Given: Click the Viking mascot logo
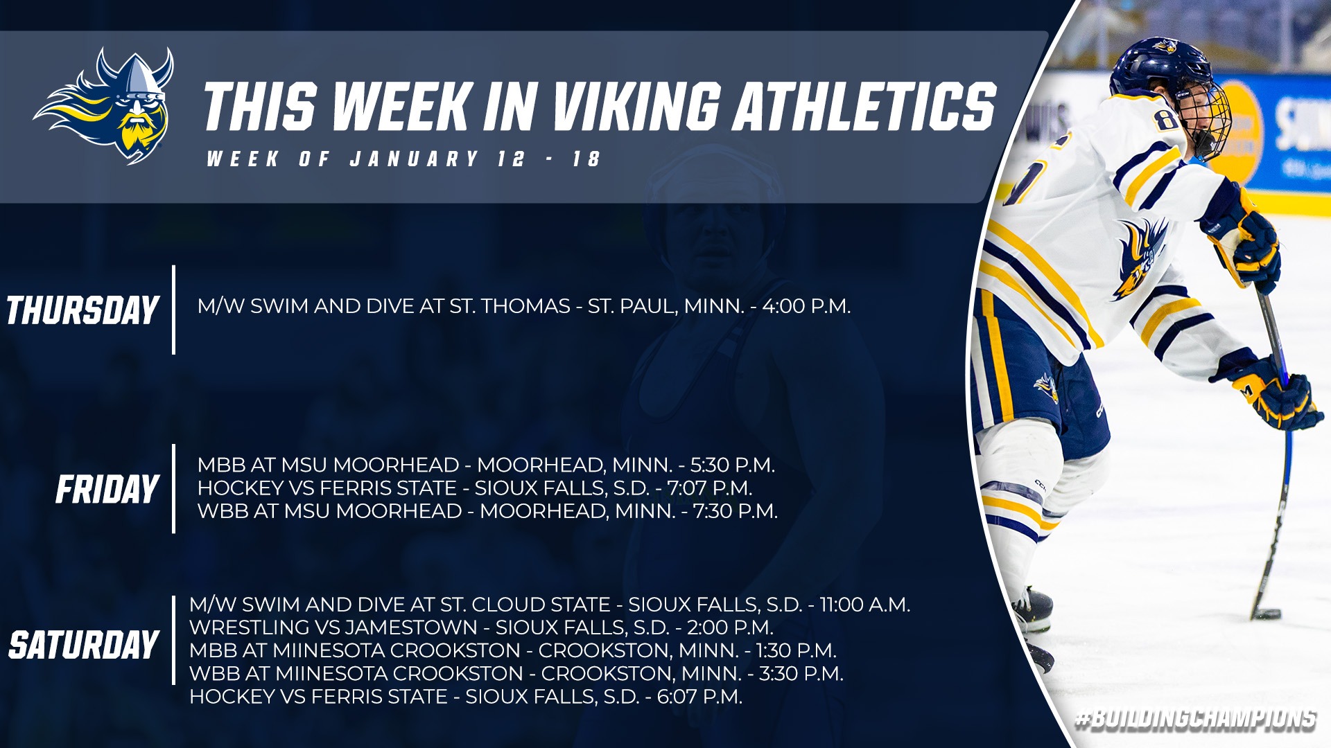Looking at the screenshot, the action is point(104,105).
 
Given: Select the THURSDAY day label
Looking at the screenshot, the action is point(83,310).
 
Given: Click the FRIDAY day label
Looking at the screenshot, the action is point(107,490).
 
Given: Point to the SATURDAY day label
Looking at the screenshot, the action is point(84,645).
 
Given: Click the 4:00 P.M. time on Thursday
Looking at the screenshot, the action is point(806,306).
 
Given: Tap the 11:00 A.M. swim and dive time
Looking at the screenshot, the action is point(865,605).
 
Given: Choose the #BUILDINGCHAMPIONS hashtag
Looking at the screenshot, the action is point(1196,720).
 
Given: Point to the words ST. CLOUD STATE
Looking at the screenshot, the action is point(525,605).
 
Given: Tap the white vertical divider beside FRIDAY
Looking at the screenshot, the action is point(173,489).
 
